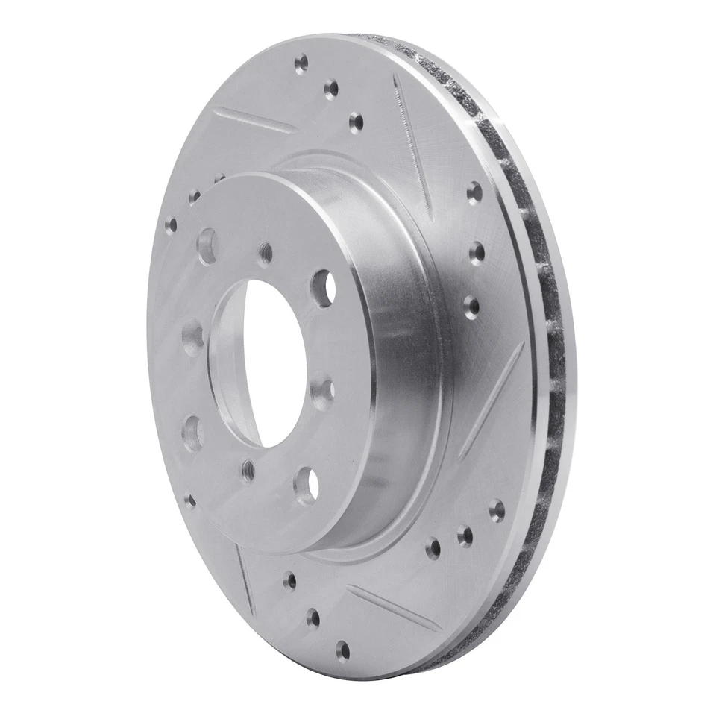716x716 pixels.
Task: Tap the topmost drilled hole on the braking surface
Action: point(301,63)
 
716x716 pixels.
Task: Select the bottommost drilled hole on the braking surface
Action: point(342,650)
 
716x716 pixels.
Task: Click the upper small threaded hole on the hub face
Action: point(266,254)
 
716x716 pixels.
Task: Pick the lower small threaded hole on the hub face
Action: point(248,471)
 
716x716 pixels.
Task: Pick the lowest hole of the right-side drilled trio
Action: point(471,306)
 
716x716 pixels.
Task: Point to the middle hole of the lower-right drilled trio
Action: point(465,536)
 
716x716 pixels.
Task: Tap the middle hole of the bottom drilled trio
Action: point(313,616)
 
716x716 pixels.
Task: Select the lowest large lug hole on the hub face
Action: point(306,485)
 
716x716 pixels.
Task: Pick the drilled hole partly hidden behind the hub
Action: point(219,179)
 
